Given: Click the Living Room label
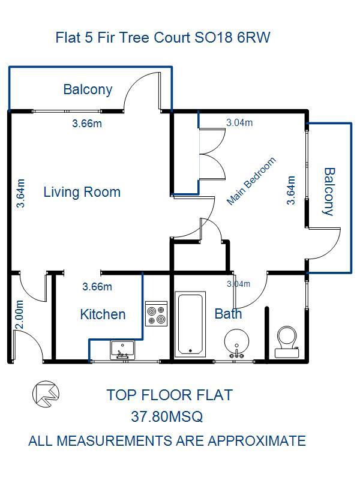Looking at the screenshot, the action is click(x=82, y=192).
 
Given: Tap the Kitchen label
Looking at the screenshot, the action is click(x=103, y=314).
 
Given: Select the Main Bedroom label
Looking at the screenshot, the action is click(x=251, y=181).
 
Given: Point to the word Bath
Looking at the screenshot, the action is click(x=229, y=314).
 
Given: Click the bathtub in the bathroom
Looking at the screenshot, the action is click(x=190, y=324).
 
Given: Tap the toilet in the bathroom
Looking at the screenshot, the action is click(x=287, y=341).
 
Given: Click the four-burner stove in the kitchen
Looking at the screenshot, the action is click(x=157, y=314).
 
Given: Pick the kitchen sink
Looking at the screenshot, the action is click(x=122, y=350).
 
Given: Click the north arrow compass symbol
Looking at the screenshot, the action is click(x=46, y=394).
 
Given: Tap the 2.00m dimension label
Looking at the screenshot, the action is click(x=19, y=314).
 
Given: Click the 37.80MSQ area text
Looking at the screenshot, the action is click(x=167, y=416).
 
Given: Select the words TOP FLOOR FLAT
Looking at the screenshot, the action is click(x=170, y=395).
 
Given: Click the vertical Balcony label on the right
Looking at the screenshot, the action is click(x=329, y=191).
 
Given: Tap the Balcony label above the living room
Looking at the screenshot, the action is click(x=88, y=89).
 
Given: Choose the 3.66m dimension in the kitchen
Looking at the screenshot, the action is click(x=97, y=287).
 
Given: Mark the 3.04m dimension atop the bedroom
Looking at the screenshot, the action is click(x=239, y=123).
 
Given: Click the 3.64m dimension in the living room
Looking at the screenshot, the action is click(x=20, y=193).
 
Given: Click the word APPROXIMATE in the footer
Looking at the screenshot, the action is click(x=257, y=441).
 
